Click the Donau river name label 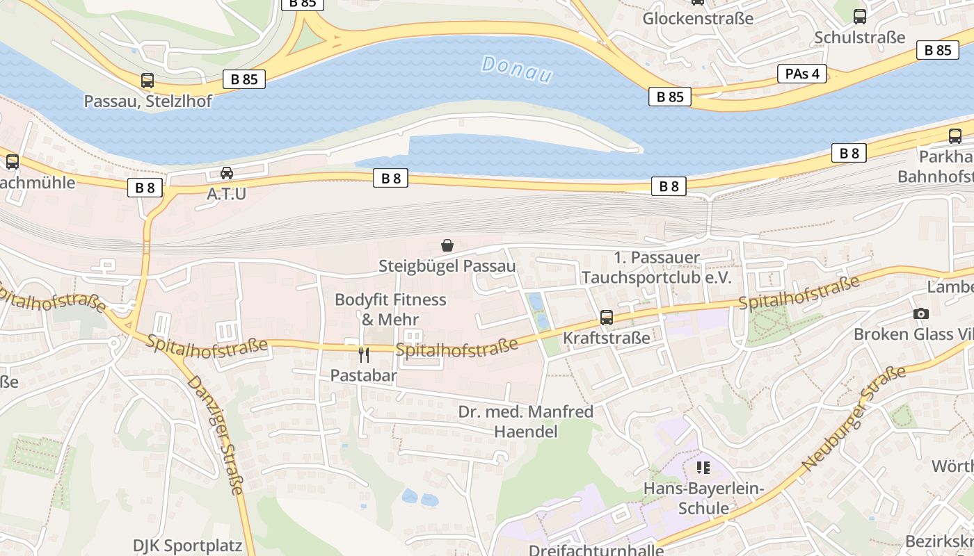517,69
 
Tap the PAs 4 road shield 802,74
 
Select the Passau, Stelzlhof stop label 147,101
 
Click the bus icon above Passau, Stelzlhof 147,81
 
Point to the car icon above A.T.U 227,173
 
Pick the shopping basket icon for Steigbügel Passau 447,245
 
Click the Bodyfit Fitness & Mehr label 390,309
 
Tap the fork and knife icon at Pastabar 363,355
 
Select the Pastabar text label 363,376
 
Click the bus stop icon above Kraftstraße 607,318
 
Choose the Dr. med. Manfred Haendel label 525,421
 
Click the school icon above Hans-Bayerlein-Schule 703,468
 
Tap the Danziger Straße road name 216,435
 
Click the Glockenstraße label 698,18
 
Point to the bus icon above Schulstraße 860,17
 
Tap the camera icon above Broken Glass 921,314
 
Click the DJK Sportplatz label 188,545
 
